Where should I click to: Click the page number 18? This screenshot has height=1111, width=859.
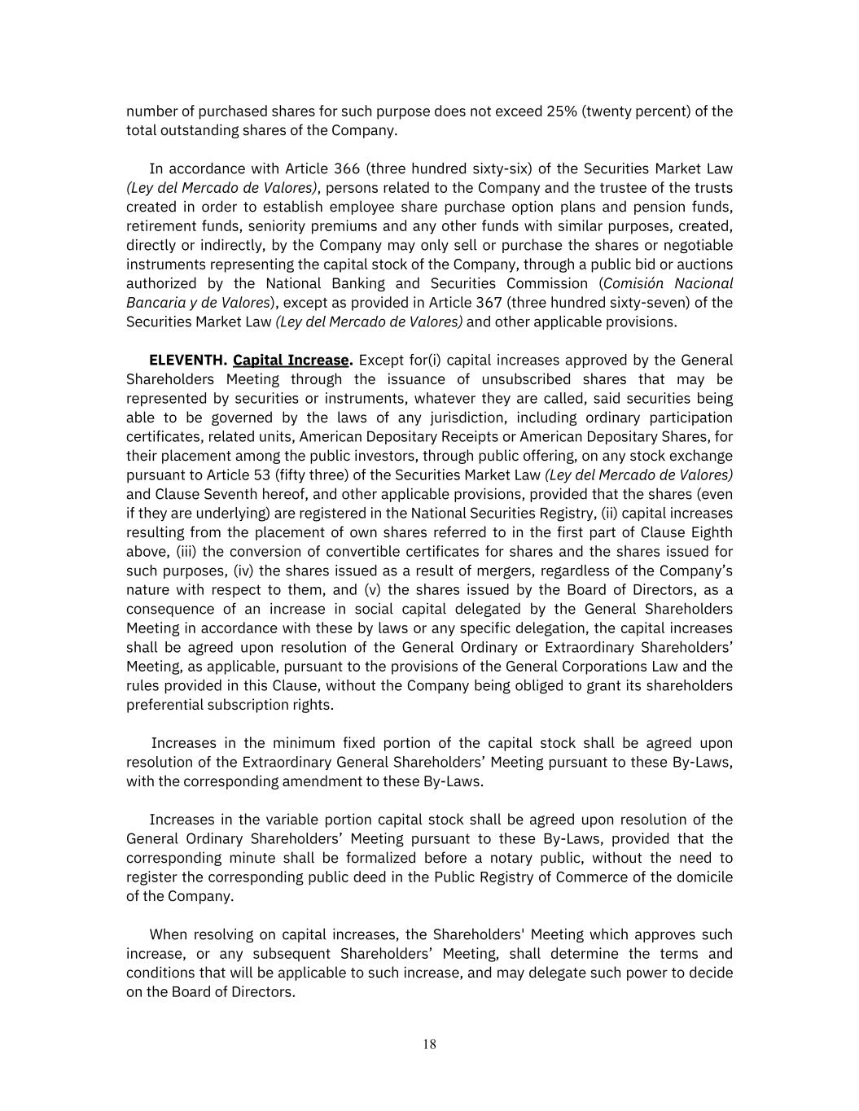(429, 1044)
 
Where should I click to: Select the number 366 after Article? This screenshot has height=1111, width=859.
(347, 169)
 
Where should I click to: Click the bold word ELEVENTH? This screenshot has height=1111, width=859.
(187, 361)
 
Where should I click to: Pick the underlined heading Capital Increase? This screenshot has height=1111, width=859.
(291, 361)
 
